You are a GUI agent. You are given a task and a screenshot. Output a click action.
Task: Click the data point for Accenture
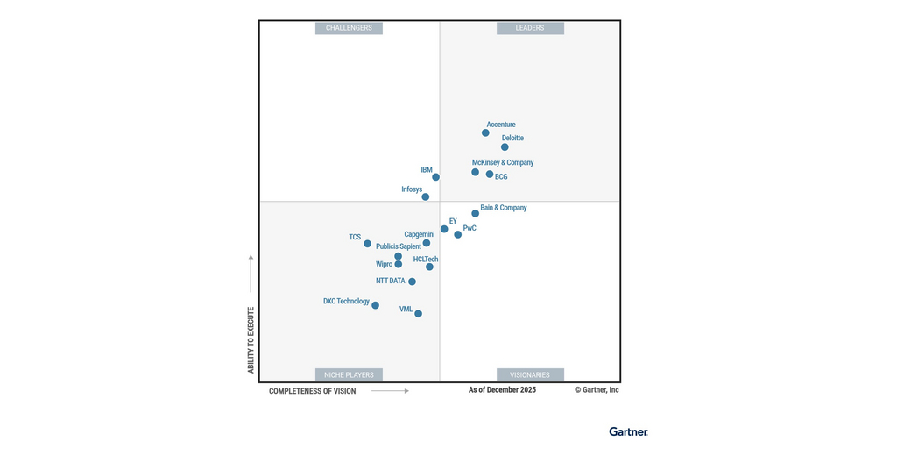click(x=485, y=132)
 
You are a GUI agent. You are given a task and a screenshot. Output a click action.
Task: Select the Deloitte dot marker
click(x=505, y=147)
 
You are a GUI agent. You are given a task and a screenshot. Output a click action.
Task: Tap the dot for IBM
click(x=435, y=177)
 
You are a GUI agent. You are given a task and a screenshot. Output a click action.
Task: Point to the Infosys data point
click(x=426, y=197)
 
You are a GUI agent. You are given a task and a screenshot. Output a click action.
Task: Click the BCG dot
click(x=490, y=174)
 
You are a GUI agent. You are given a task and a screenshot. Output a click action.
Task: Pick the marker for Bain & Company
click(x=476, y=213)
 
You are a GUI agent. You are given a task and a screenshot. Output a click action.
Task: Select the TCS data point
click(x=368, y=244)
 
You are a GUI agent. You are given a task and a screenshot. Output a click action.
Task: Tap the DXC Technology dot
click(x=376, y=305)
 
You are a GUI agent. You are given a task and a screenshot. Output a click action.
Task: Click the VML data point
click(x=419, y=314)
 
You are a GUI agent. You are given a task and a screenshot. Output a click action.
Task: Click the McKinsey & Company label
click(x=503, y=162)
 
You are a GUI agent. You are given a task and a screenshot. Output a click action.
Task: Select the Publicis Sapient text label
click(x=399, y=246)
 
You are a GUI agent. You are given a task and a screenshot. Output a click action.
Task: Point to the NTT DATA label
click(x=391, y=282)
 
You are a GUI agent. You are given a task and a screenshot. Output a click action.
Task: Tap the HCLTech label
click(x=426, y=260)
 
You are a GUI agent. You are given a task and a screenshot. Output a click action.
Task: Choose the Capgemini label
click(x=420, y=234)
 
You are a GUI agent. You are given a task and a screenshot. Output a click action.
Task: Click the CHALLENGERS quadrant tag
click(x=349, y=28)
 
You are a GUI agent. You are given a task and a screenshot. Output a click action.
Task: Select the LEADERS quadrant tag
click(x=530, y=28)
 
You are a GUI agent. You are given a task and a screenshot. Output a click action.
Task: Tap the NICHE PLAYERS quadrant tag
click(x=349, y=375)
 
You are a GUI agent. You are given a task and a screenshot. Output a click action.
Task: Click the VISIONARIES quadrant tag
click(x=530, y=375)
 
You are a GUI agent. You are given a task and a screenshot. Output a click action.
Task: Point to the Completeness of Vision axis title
click(x=313, y=391)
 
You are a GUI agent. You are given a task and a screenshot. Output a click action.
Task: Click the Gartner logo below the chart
click(x=629, y=431)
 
